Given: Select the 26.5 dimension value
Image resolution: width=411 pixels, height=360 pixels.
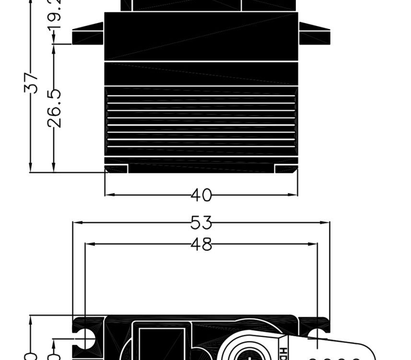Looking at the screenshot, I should tap(56, 108).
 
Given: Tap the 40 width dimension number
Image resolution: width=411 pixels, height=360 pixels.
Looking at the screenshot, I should tap(201, 195).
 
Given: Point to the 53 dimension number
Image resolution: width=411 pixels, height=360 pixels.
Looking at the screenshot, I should tap(201, 223).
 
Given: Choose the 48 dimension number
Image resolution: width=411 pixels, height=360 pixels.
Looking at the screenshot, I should tap(201, 244).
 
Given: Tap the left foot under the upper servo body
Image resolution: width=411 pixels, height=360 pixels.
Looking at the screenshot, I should tap(116, 168).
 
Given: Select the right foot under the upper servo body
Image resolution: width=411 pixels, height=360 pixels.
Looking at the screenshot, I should tap(286, 168).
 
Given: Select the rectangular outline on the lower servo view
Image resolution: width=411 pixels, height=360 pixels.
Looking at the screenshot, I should tap(161, 341).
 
